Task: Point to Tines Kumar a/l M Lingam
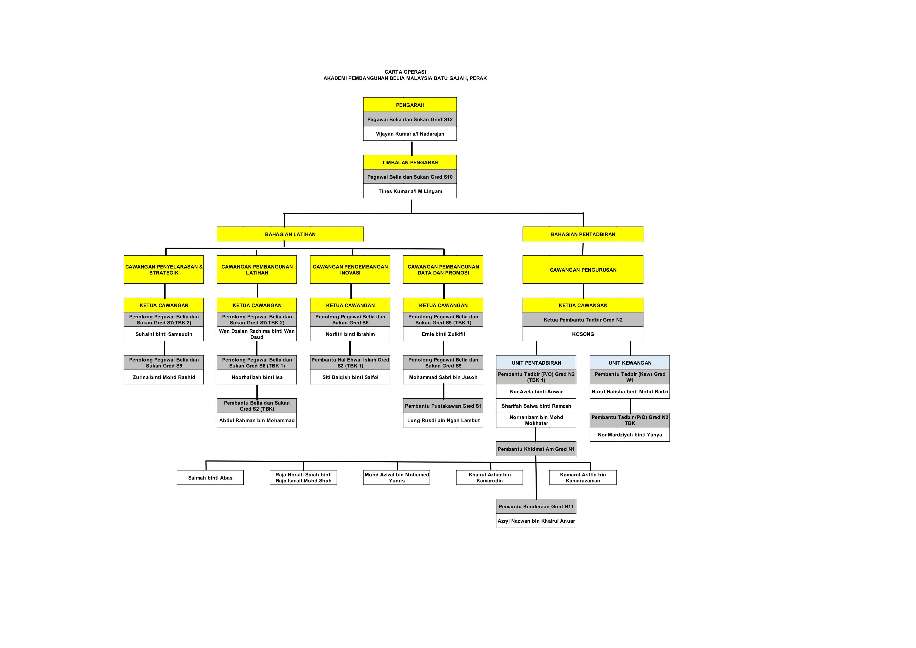(410, 191)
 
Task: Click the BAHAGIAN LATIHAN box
(290, 234)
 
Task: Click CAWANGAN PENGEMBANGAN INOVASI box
(350, 270)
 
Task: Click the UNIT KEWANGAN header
(630, 363)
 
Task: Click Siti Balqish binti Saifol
(350, 377)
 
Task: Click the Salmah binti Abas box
(210, 478)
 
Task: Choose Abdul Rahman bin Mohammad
(257, 420)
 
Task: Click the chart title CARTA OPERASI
(405, 72)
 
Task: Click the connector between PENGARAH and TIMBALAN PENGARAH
(412, 148)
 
